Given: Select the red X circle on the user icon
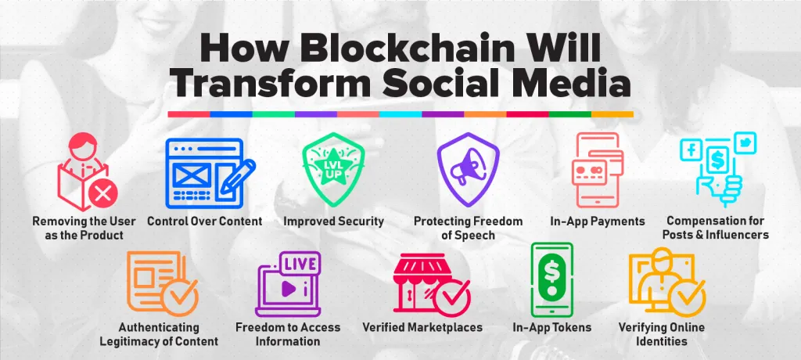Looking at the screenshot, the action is [x=102, y=194].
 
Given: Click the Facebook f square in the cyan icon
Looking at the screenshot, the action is [x=691, y=149].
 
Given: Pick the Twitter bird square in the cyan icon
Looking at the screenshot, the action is [x=745, y=142].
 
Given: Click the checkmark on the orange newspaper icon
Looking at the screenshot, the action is [x=179, y=294].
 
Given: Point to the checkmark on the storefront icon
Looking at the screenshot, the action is [x=451, y=297].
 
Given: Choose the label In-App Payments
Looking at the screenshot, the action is [x=597, y=221].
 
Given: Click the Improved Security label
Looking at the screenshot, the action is [x=333, y=221].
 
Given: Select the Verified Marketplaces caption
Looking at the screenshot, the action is [x=422, y=327].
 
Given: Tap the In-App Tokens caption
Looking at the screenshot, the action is [x=551, y=327].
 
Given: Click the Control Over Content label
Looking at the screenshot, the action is [x=204, y=221].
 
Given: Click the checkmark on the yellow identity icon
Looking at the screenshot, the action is [x=688, y=298].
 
